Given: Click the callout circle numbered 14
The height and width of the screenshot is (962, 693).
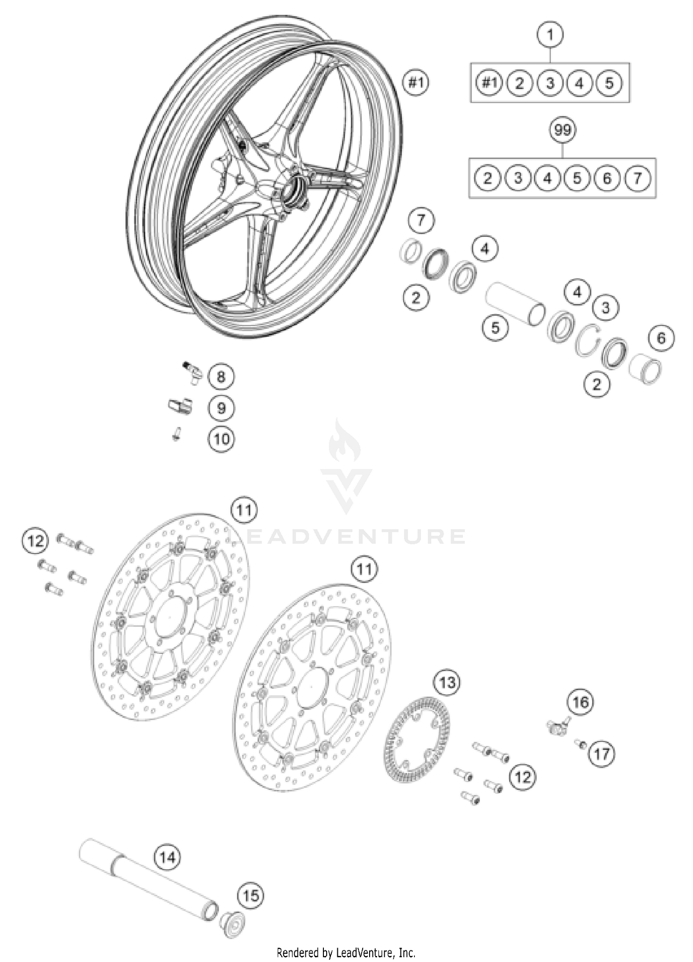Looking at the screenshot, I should click(x=167, y=858).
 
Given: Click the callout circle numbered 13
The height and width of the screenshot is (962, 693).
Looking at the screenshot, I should click(x=447, y=683).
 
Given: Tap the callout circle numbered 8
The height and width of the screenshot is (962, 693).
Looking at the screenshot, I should click(x=221, y=377).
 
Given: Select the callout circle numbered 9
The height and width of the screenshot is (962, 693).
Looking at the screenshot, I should click(x=221, y=408).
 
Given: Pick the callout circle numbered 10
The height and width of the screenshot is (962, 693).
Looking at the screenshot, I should click(x=221, y=439).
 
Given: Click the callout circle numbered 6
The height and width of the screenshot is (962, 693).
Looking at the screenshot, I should click(x=661, y=338).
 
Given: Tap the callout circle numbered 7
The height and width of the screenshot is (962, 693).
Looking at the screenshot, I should click(x=420, y=221).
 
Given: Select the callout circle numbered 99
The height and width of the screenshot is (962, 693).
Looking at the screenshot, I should click(x=563, y=131).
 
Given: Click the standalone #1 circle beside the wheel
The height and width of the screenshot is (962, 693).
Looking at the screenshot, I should click(x=416, y=83).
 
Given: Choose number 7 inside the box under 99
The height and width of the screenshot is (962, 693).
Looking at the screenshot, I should click(x=638, y=178).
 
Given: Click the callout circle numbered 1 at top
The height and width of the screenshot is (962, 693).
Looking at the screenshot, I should click(x=550, y=34).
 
